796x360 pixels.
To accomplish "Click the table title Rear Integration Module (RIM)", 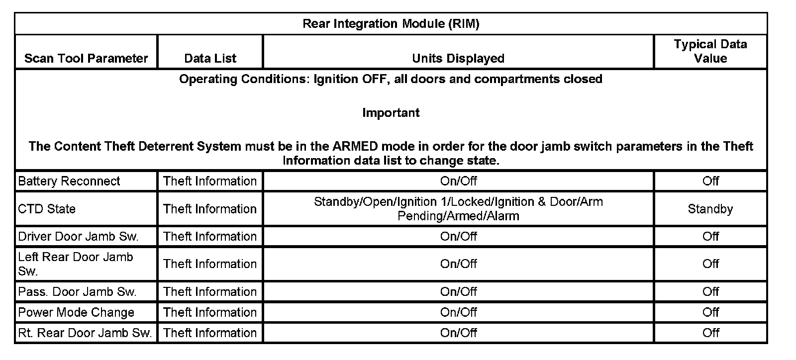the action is [x=391, y=24].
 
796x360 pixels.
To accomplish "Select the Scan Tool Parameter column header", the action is [x=86, y=58].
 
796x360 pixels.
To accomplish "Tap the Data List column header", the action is [x=210, y=58].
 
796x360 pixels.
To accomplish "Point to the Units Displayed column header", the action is [x=458, y=58].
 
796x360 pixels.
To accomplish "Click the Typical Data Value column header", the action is [x=710, y=51].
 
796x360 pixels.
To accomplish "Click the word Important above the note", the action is [x=391, y=113].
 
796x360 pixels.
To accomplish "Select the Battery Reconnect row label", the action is [x=69, y=181].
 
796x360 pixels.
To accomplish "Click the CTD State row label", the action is [x=47, y=209].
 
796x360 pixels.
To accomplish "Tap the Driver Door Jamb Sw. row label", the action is [x=78, y=236].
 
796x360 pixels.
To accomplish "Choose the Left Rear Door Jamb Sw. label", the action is [x=76, y=264].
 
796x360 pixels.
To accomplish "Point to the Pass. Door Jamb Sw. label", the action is [x=77, y=291].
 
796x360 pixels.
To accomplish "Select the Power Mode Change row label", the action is [x=76, y=312].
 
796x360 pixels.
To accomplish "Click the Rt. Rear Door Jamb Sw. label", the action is [x=85, y=333].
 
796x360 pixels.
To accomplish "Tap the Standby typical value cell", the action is [x=710, y=209].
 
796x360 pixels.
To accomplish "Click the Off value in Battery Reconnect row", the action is [x=710, y=181].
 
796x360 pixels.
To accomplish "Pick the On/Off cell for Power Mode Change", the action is [x=458, y=312].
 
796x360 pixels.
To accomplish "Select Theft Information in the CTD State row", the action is [x=210, y=209].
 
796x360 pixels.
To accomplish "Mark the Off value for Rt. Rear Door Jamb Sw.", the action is [x=710, y=333].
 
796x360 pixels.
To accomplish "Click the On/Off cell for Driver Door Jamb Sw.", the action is [x=458, y=236].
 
